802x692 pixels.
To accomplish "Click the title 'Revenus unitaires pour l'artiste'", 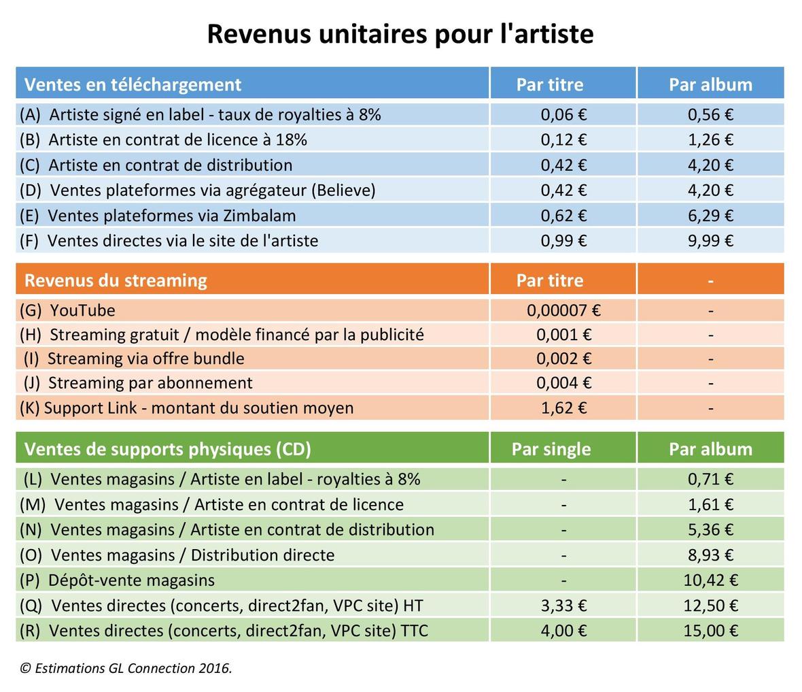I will click(x=400, y=33).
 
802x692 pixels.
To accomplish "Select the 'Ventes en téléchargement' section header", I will click(x=133, y=84).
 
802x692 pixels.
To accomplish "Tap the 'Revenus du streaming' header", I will click(x=116, y=280).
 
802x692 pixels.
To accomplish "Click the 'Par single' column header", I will click(x=551, y=449).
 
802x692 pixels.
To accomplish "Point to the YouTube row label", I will click(x=68, y=310).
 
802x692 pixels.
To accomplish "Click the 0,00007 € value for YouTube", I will click(x=563, y=310).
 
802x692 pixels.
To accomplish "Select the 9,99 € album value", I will click(x=710, y=240).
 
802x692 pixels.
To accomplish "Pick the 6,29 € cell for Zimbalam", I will click(x=710, y=216).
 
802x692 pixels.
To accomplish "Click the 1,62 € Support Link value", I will click(x=563, y=408).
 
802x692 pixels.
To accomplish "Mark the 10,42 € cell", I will click(x=710, y=580).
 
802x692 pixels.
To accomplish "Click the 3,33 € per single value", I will click(x=563, y=605).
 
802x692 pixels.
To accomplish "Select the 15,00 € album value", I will click(x=710, y=630).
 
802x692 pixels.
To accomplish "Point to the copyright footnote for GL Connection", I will click(x=126, y=668).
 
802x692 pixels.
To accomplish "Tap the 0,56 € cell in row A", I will click(x=710, y=114).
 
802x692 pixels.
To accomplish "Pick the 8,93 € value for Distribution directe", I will click(x=710, y=555).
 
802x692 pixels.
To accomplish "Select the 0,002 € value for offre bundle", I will click(x=563, y=359).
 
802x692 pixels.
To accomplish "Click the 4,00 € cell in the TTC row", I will click(x=563, y=630).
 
